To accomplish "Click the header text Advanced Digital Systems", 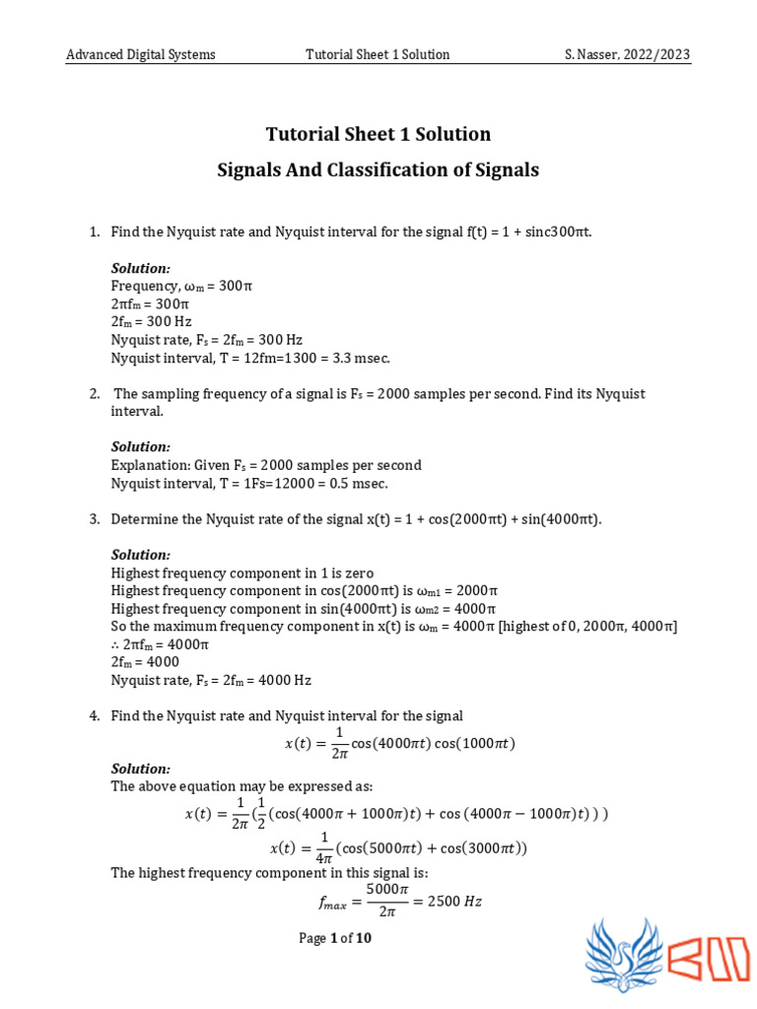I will tap(140, 54).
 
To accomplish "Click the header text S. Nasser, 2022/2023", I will tap(627, 54).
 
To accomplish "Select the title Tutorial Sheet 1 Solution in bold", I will tap(378, 134).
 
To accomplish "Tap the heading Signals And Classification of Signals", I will tap(378, 169).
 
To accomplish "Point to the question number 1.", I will tap(94, 232).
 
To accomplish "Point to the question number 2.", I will tap(94, 393).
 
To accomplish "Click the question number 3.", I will tap(94, 518).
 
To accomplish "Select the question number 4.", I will tap(94, 715).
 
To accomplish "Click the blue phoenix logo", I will tap(623, 955).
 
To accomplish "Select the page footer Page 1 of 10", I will tap(335, 938).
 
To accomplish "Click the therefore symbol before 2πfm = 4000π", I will tap(115, 644).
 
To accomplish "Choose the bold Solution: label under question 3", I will tap(140, 555).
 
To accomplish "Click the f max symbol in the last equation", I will tap(332, 903).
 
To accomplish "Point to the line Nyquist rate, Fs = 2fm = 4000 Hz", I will tap(211, 680).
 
